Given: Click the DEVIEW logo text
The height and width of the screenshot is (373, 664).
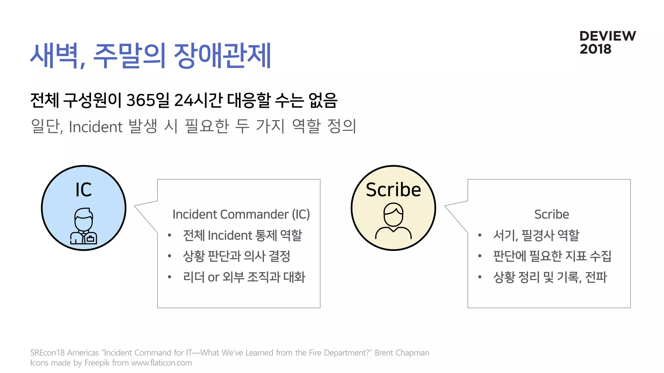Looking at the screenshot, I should tap(608, 36).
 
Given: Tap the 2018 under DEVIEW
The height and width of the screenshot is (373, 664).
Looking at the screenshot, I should tap(595, 49).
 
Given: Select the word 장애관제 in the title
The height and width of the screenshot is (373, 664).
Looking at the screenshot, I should tap(222, 56).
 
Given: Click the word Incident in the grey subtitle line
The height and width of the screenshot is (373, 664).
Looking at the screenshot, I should tap(96, 127).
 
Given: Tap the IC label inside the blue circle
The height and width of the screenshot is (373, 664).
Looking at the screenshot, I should tap(84, 190).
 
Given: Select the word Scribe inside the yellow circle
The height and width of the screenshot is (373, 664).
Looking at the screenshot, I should tap(393, 190).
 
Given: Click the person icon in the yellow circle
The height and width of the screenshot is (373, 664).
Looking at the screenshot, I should tap(393, 221).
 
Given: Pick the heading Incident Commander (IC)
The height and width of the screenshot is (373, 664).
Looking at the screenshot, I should tap(241, 214).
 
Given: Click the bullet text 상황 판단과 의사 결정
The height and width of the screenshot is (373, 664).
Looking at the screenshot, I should tap(236, 256).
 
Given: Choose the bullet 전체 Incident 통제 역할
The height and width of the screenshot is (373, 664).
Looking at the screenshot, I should tap(242, 235).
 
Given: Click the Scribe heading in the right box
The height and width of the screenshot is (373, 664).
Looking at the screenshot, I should tap(551, 214).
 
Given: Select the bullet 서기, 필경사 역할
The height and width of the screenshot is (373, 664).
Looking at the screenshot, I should tap(536, 235).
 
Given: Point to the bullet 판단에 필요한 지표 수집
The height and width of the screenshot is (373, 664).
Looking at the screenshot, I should tap(552, 256).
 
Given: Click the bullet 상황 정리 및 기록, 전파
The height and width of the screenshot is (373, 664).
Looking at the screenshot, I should tap(550, 277).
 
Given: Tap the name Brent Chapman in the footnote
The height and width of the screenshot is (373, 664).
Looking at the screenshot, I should tap(402, 353).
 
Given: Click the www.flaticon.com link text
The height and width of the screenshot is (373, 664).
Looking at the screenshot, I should tap(161, 363).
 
